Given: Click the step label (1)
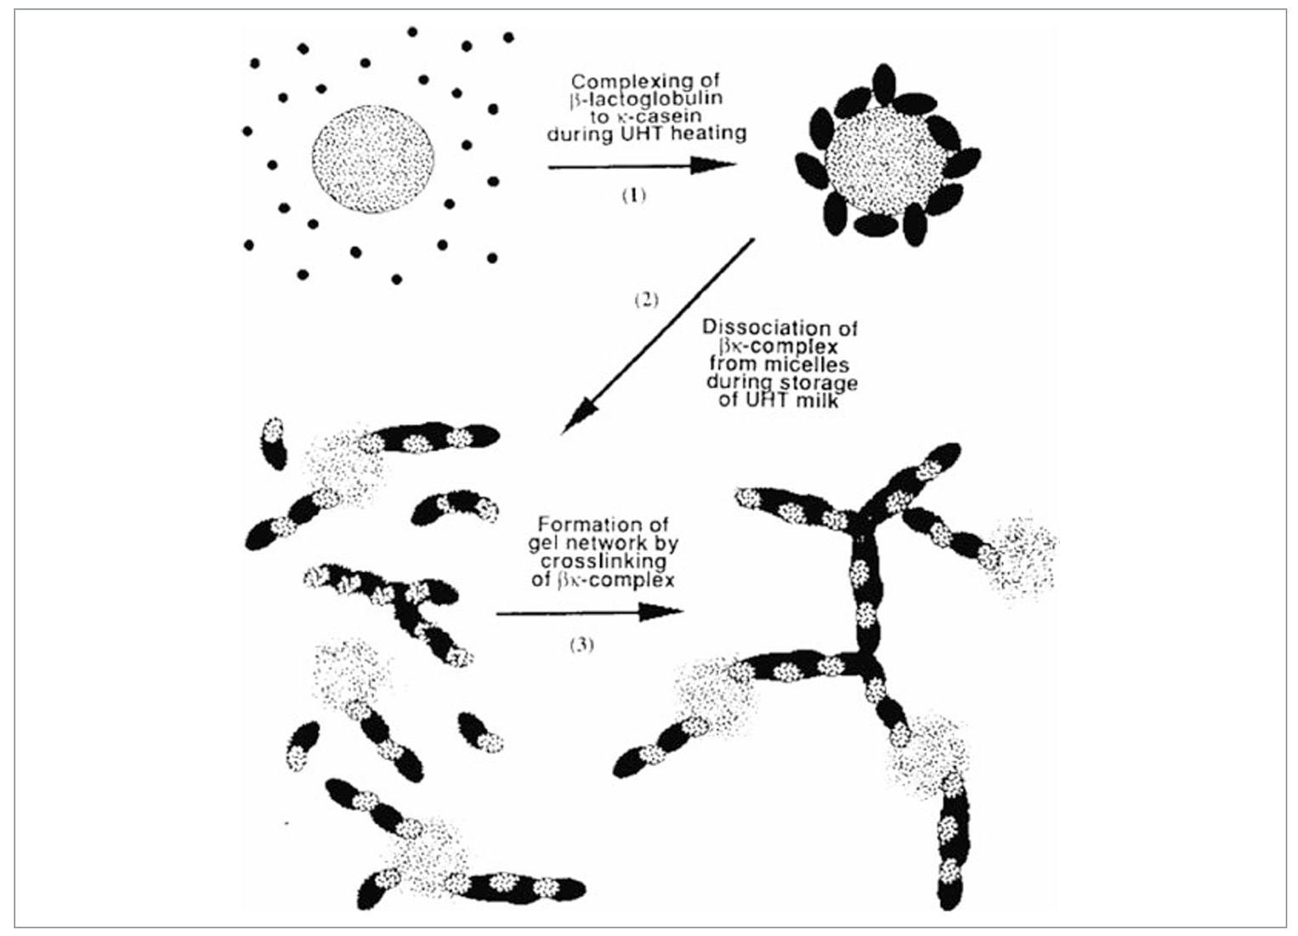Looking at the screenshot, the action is coord(634,195).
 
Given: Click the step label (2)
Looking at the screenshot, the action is coord(647,300).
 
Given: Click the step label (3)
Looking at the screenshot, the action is coord(581,645).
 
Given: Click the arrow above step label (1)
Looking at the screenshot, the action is coord(642,166).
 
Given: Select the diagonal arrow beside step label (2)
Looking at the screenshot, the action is coord(658,336).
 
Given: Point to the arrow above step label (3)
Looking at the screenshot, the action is coord(590,612).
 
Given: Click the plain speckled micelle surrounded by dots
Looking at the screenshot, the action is coord(373,159).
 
